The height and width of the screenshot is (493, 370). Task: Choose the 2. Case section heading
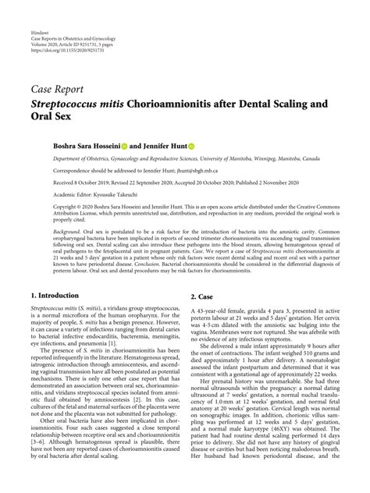pyautogui.click(x=205, y=318)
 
